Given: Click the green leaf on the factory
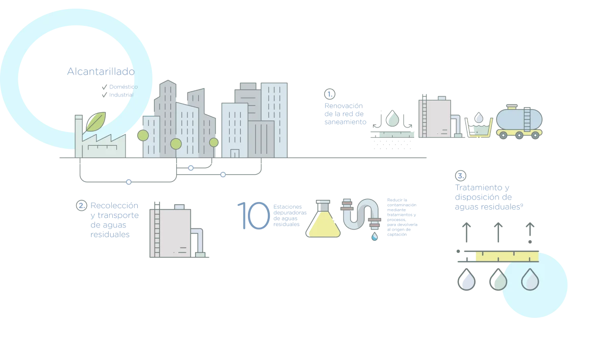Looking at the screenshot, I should click(96, 122).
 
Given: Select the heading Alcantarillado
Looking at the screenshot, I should click(100, 73).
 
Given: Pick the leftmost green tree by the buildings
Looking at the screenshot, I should click(143, 136).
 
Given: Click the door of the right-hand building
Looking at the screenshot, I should click(234, 153).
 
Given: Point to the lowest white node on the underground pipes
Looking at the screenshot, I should click(129, 182).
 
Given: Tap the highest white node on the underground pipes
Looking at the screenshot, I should click(191, 168).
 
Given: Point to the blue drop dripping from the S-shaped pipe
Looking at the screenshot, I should click(374, 237).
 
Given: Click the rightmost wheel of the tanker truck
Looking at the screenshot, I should click(536, 134).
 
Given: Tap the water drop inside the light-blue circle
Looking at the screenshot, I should click(530, 279).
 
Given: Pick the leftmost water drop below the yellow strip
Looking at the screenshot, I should click(466, 280).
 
